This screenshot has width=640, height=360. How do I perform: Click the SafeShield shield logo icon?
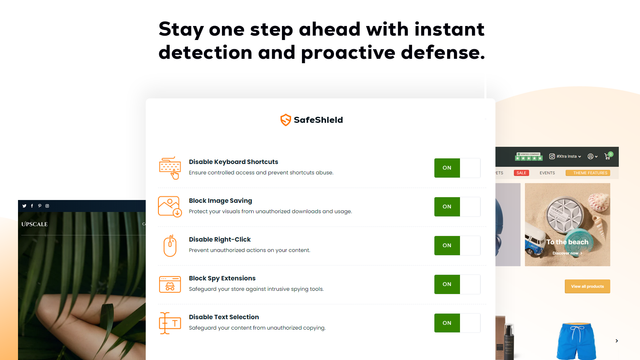point(286,120)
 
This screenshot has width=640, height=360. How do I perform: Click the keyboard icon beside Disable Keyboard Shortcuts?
point(170,167)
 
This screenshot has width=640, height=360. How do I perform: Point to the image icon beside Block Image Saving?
point(170,206)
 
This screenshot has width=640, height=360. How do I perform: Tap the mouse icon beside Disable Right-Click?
point(170,245)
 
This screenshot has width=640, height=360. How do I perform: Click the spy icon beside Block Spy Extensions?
point(170,284)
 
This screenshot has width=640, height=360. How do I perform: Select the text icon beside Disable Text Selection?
point(170,322)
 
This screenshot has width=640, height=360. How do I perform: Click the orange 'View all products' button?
point(587,287)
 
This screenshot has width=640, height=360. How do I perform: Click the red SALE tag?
point(521,173)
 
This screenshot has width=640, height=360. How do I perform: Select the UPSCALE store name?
point(34,225)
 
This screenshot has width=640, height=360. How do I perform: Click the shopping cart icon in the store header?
point(606,156)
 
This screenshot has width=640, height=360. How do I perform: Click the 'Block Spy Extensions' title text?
point(222,278)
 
